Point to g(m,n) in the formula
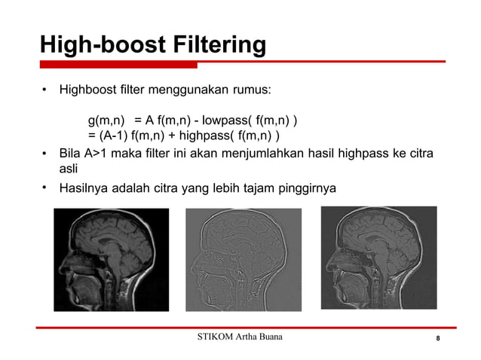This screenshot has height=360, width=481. point(106,121)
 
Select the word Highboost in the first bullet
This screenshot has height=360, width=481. point(87,92)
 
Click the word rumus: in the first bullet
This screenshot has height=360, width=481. point(250,92)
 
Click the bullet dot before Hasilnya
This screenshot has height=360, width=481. point(44,186)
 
